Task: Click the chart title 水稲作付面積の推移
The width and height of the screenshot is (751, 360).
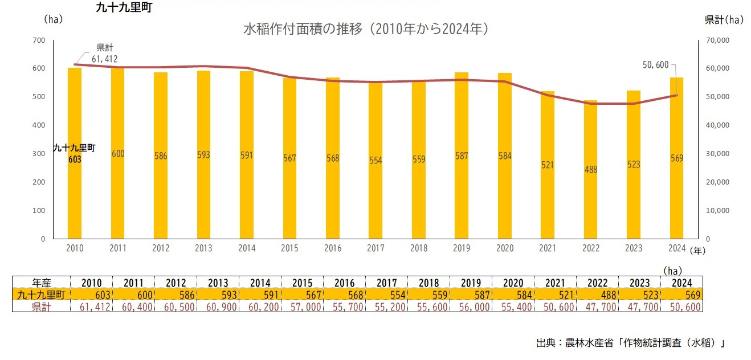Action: (303, 29)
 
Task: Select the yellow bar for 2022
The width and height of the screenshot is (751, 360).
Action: (590, 169)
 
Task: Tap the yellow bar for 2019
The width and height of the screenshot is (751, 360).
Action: (462, 156)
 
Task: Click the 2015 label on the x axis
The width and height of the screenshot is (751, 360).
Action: (289, 248)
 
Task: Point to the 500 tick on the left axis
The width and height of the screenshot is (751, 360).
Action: (39, 96)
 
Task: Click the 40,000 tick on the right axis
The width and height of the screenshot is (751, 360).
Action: (717, 125)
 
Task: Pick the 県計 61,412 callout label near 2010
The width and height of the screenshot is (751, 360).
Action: (105, 54)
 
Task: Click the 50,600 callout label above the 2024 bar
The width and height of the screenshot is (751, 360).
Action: (655, 65)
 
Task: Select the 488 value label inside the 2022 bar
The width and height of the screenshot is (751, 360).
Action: (591, 170)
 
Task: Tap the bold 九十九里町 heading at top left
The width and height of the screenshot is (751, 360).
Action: (124, 7)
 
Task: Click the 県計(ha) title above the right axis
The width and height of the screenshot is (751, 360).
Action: (724, 20)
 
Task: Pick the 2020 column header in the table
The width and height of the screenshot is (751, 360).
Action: (513, 283)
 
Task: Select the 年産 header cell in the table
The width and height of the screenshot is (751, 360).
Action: (42, 283)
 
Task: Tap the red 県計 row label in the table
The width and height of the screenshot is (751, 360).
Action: (42, 306)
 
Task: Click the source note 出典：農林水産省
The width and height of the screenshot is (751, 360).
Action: (575, 342)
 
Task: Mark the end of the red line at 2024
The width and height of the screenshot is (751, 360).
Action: (677, 95)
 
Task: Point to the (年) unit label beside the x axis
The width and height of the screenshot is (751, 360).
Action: (697, 251)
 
